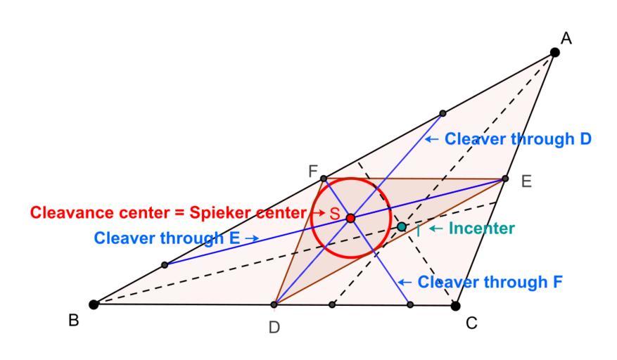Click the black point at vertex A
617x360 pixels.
[554, 52]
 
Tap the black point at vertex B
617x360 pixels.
[94, 304]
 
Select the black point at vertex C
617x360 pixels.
[455, 305]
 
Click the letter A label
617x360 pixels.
[566, 39]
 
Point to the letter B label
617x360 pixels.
[73, 321]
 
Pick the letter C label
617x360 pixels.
[472, 323]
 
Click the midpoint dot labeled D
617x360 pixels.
[274, 305]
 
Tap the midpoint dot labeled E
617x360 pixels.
[504, 179]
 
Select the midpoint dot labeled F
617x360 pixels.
[324, 178]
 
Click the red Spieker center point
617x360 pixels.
[350, 218]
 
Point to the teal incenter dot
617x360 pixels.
[402, 226]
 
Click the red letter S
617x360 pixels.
[335, 214]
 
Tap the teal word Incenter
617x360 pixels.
[482, 229]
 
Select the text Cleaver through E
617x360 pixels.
[167, 238]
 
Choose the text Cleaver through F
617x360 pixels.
[490, 282]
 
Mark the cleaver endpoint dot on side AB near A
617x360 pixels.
[443, 113]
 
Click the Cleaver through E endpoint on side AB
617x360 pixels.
[165, 265]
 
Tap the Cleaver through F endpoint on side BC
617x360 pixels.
[410, 305]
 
